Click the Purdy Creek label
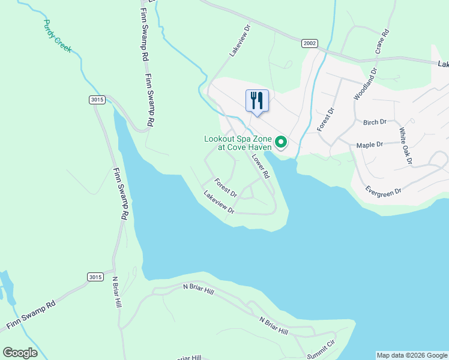[58, 36]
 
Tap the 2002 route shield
[309, 43]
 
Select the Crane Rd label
[382, 41]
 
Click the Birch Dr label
[375, 122]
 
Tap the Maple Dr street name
[370, 145]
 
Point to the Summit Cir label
[320, 345]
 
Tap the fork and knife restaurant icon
[258, 100]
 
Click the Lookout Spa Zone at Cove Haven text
[238, 142]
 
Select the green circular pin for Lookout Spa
[280, 143]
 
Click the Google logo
[20, 352]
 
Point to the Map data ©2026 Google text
[412, 355]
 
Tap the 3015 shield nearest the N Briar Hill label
[95, 277]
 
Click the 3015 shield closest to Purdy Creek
[97, 100]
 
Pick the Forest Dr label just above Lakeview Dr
[226, 188]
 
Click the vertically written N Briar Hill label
[117, 293]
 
